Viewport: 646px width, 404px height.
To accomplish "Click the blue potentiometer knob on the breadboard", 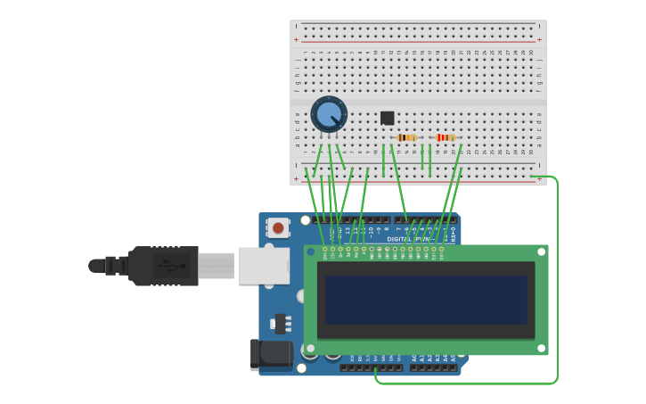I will click(x=329, y=114).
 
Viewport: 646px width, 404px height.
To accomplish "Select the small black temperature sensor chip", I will click(x=387, y=118).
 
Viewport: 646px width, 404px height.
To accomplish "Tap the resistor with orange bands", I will click(x=407, y=137).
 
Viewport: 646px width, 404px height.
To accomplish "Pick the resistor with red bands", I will click(x=446, y=137).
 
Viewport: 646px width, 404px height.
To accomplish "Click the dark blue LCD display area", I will click(x=426, y=300).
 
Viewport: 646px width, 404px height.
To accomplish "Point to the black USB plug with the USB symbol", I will click(x=164, y=266).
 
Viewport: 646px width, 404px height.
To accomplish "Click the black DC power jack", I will click(x=271, y=354).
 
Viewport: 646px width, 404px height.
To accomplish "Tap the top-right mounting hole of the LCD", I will click(x=541, y=252).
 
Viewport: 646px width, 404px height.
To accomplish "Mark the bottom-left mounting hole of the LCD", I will click(x=310, y=348).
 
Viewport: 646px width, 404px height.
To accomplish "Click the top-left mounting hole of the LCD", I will click(x=310, y=252).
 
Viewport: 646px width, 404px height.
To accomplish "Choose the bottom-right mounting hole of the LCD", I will click(x=541, y=348).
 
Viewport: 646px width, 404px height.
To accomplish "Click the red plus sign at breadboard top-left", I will click(x=296, y=39).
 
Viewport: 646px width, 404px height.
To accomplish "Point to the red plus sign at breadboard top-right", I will click(x=539, y=39).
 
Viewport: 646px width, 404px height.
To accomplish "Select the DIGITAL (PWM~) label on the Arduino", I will click(x=409, y=239).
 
